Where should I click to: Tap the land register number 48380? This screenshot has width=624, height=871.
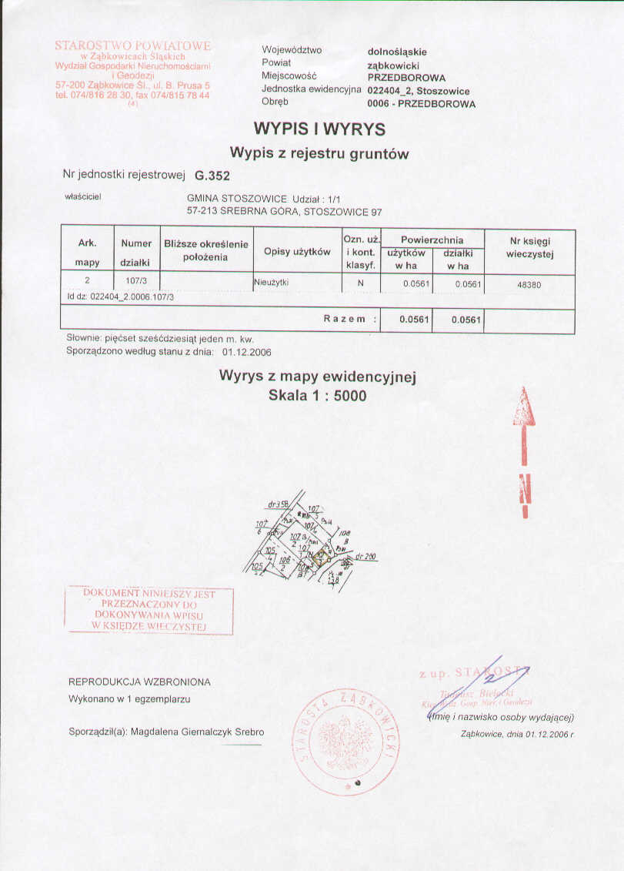(530, 283)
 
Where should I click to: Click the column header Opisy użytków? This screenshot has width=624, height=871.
(297, 252)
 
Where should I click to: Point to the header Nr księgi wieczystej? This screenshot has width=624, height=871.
(530, 247)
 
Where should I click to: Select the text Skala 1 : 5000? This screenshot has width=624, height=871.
(318, 396)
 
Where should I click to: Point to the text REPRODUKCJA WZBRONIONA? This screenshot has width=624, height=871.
(139, 682)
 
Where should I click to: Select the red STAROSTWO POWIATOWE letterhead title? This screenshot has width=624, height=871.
(132, 46)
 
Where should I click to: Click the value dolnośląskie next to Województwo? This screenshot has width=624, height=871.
(397, 52)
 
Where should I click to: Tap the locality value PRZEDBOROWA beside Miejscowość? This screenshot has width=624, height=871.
(406, 78)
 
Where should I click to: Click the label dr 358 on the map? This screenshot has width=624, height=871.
(278, 504)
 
